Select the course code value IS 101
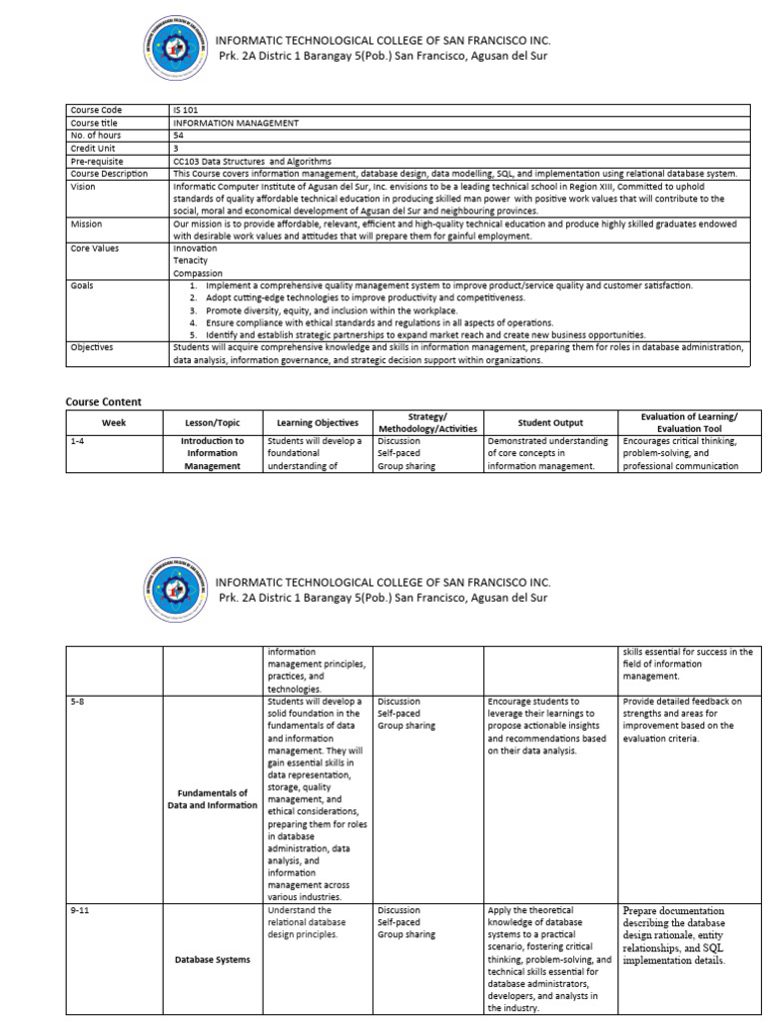pos(186,109)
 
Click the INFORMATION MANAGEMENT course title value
pos(223,123)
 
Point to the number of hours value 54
pos(179,135)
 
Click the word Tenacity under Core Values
pos(191,259)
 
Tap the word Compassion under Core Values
pos(198,272)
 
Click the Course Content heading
pos(104,401)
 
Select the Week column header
pos(114,422)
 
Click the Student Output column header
pos(550,422)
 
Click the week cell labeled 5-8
pos(78,702)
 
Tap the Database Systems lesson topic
pos(212,959)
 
